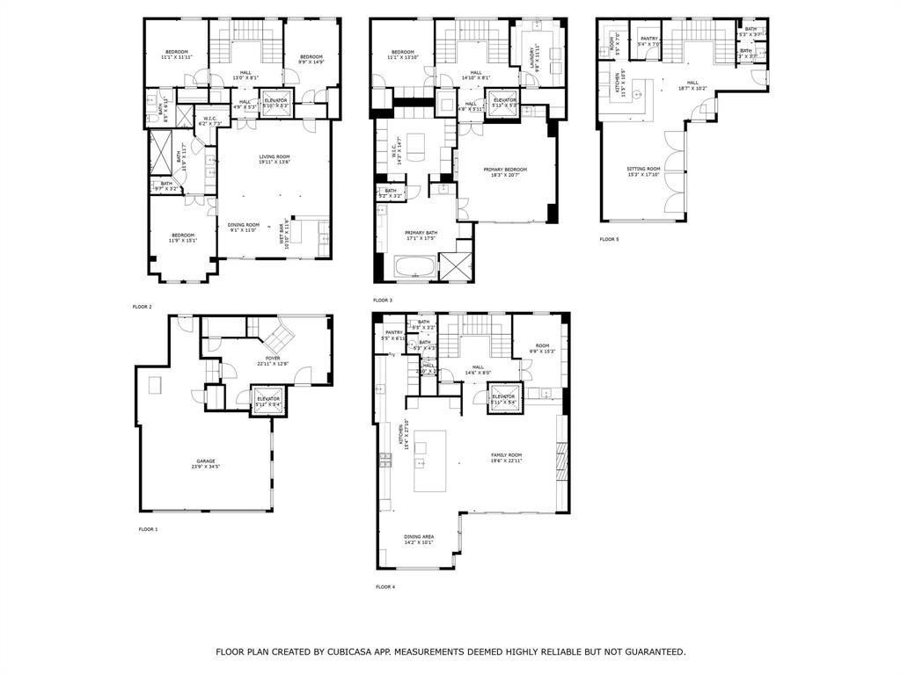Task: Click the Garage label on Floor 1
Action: tap(205, 463)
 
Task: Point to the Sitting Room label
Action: tap(643, 171)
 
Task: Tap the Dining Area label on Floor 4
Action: tap(418, 539)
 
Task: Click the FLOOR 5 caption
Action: tap(609, 239)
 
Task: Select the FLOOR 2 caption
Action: tap(142, 307)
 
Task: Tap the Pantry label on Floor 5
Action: tap(648, 40)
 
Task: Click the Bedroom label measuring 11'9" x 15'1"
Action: tap(182, 237)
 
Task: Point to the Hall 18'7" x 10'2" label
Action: tap(692, 85)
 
